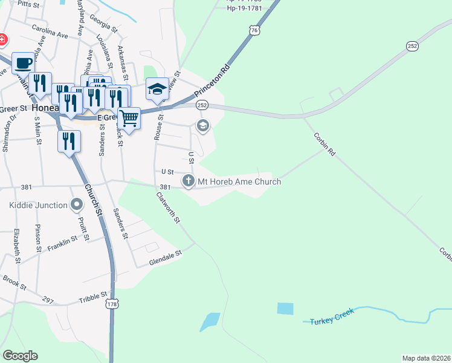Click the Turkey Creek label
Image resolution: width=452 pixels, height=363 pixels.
click(332, 321)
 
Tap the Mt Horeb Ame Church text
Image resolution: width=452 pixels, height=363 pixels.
click(239, 181)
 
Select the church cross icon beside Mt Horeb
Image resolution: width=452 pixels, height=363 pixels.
click(189, 180)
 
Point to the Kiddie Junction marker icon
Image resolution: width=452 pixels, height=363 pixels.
click(76, 205)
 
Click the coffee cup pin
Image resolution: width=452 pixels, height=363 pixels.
click(23, 62)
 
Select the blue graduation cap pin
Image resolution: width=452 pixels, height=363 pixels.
click(157, 88)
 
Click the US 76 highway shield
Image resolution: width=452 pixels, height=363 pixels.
click(256, 30)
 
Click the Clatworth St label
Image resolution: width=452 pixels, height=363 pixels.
click(168, 207)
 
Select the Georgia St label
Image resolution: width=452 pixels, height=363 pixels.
click(103, 22)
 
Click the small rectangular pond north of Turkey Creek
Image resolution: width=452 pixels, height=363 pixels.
click(285, 309)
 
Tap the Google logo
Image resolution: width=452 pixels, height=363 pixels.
click(20, 356)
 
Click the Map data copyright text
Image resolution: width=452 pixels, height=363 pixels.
click(426, 358)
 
